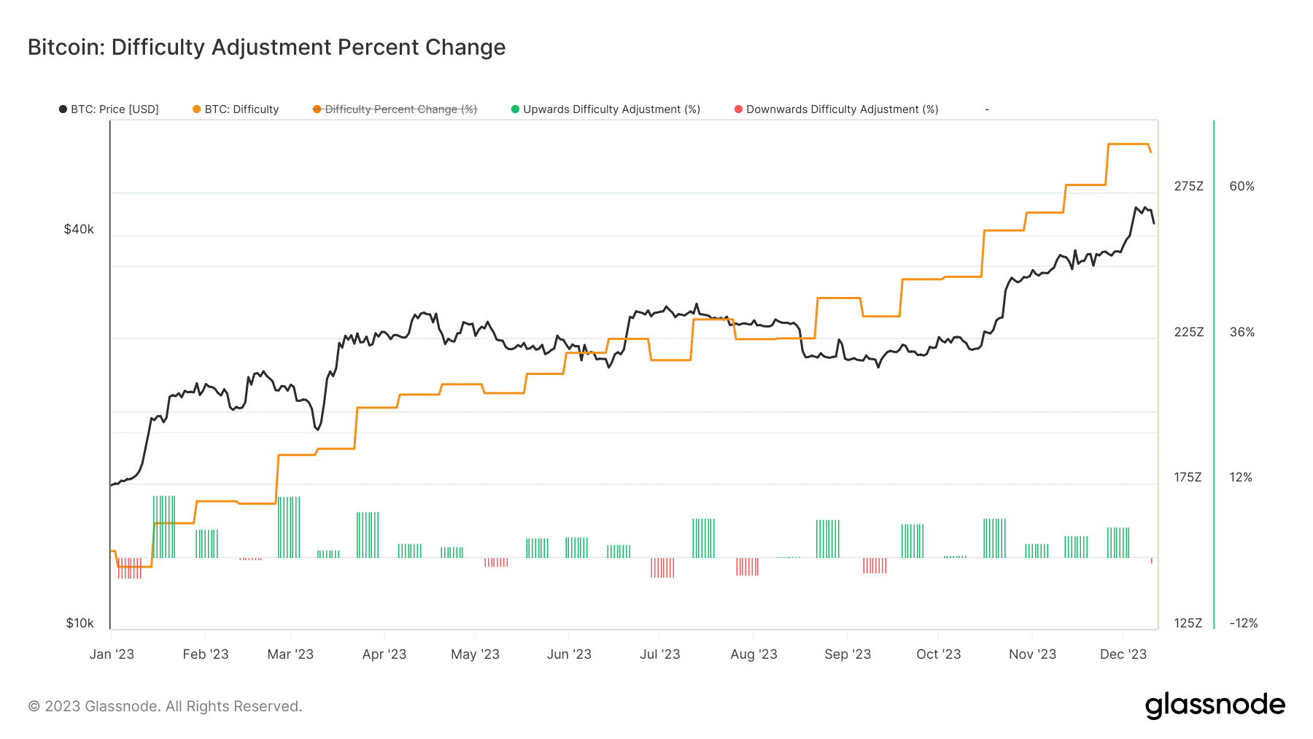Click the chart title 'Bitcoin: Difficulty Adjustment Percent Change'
(266, 47)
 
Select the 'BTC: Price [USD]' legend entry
(109, 109)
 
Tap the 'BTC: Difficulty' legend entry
(236, 109)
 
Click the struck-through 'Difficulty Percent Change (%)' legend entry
(395, 109)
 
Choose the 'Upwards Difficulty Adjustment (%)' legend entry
(606, 109)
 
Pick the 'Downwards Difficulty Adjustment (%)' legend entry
(837, 109)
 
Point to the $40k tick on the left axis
(79, 229)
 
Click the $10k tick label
(80, 623)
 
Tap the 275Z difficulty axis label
(1188, 186)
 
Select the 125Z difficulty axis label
(1188, 623)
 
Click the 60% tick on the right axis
(1242, 186)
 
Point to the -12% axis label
(1243, 623)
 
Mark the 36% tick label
(1242, 332)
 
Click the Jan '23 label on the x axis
(112, 654)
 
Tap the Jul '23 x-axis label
(659, 654)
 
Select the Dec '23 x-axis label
(1123, 654)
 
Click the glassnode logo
(1215, 705)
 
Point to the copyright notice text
(165, 706)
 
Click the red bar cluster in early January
(130, 568)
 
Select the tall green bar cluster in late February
(289, 527)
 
